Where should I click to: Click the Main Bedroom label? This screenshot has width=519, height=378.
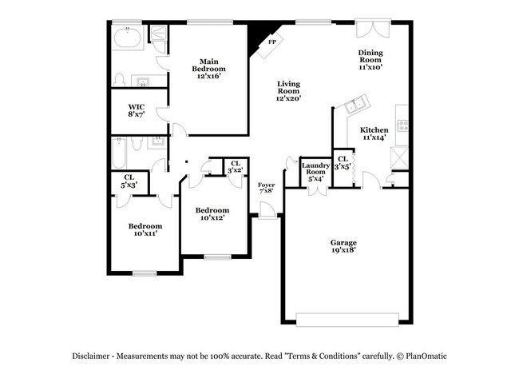click(x=209, y=69)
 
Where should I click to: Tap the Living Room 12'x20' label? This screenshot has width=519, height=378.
click(x=287, y=91)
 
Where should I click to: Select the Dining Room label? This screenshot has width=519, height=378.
click(x=370, y=60)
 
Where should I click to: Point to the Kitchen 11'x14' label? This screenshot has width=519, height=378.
click(x=374, y=134)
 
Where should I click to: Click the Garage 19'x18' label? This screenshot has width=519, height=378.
click(x=343, y=246)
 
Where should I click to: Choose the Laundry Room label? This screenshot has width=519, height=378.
click(x=315, y=171)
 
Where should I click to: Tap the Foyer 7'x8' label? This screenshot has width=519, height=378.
click(x=266, y=189)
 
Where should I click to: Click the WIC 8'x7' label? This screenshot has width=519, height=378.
click(x=137, y=110)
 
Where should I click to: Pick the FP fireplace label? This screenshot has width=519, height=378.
click(x=272, y=42)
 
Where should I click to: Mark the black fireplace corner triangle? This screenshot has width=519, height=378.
click(x=257, y=37)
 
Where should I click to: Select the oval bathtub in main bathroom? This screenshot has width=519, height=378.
click(x=128, y=38)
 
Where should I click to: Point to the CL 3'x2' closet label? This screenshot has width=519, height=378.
click(x=234, y=168)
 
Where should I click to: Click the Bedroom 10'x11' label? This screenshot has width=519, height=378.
click(x=145, y=230)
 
